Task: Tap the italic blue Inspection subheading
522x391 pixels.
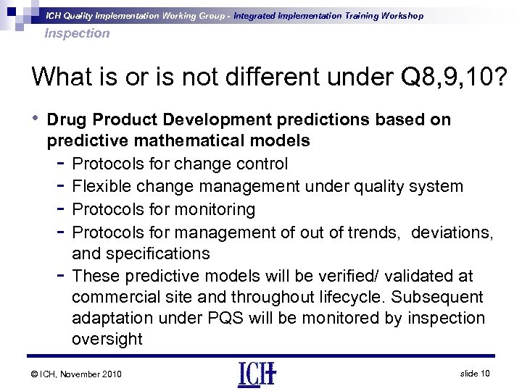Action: pyautogui.click(x=77, y=33)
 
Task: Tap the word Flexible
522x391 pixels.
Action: pyautogui.click(x=104, y=186)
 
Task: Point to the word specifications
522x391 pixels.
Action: pyautogui.click(x=157, y=253)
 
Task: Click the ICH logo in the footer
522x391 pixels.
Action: pyautogui.click(x=257, y=374)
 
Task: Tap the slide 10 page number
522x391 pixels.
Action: pyautogui.click(x=475, y=372)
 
